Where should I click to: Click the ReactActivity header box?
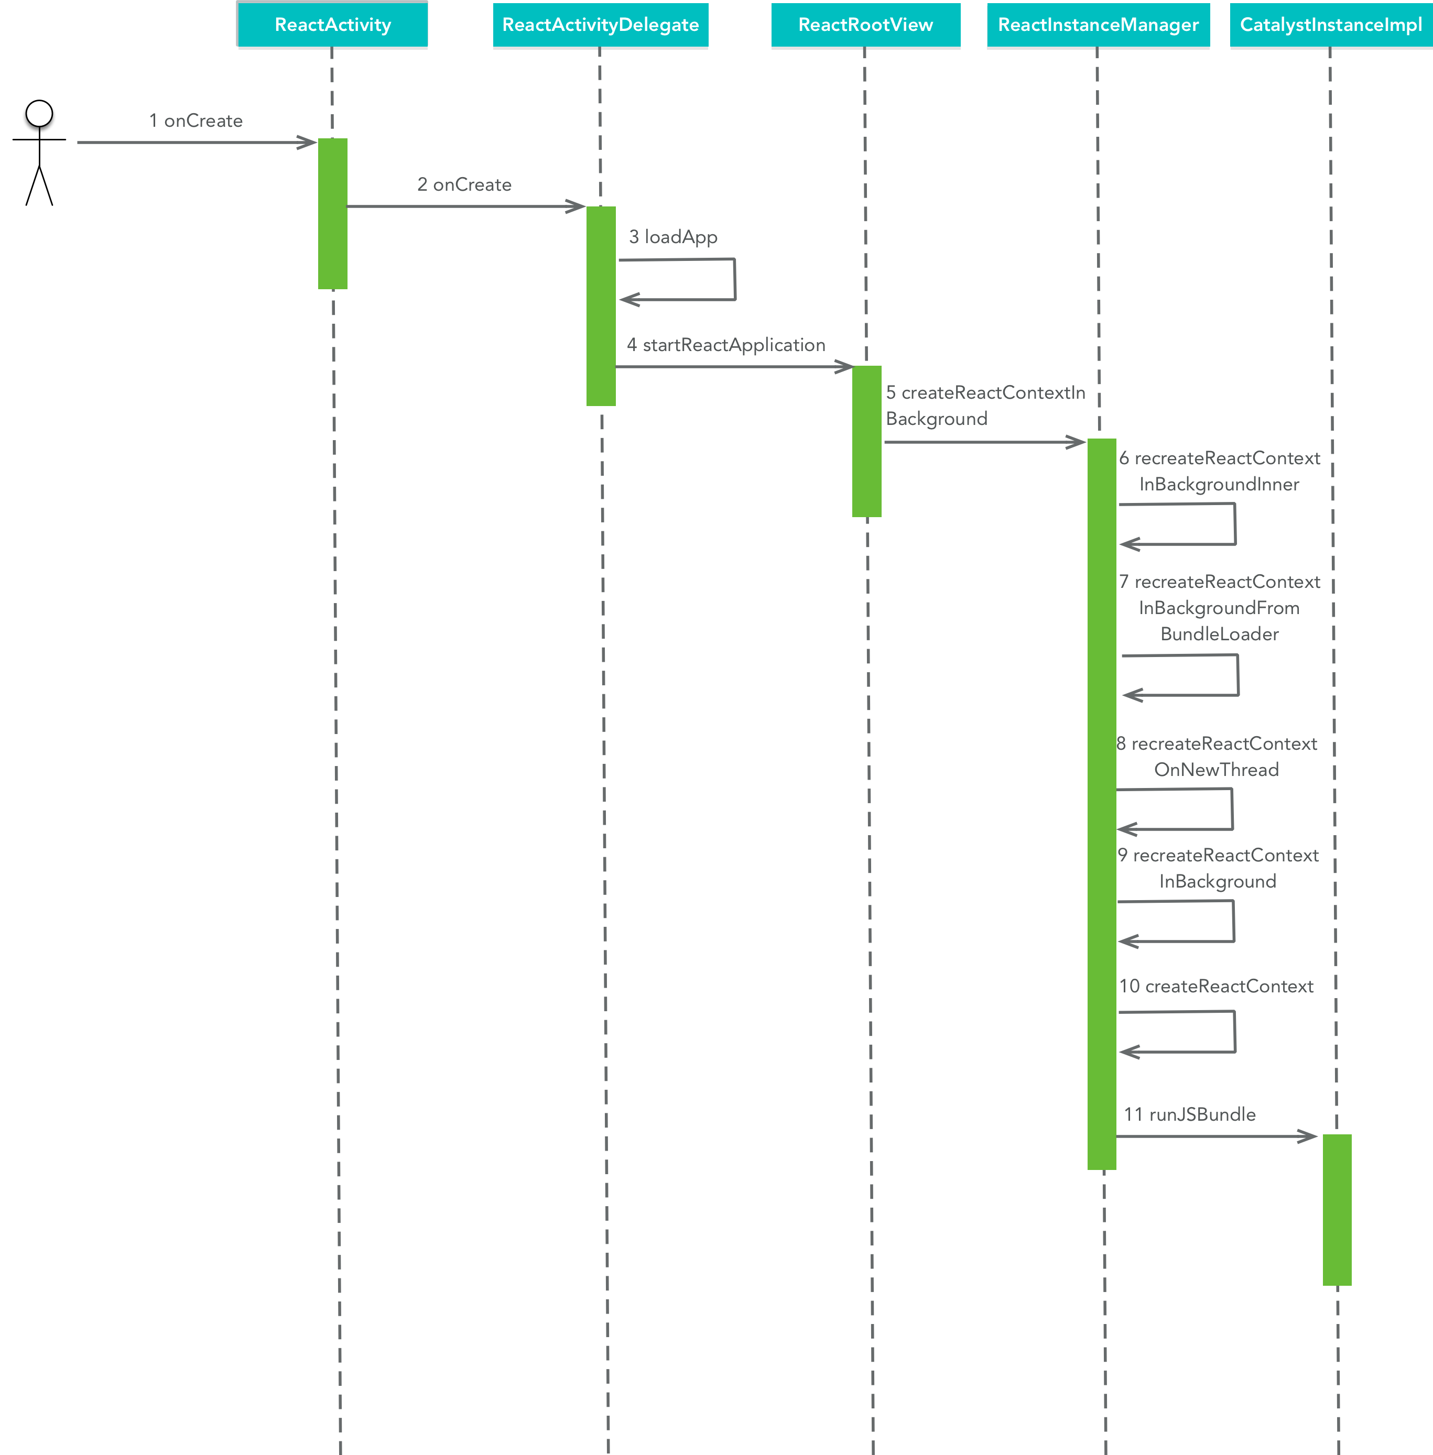333,25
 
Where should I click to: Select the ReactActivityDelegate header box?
601,25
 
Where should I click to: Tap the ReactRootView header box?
865,25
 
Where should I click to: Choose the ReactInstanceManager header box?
1098,25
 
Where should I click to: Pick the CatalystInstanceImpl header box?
1331,25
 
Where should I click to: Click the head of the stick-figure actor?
39,114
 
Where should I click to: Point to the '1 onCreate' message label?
196,121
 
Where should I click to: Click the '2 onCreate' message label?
464,185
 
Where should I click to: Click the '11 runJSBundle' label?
1189,1114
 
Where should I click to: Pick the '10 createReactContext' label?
1215,986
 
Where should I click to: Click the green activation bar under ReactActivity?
333,214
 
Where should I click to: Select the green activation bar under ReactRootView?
866,442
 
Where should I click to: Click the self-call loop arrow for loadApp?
734,279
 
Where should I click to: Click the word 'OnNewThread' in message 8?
1216,770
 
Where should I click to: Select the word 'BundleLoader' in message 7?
1219,634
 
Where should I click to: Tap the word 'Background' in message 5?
936,419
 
